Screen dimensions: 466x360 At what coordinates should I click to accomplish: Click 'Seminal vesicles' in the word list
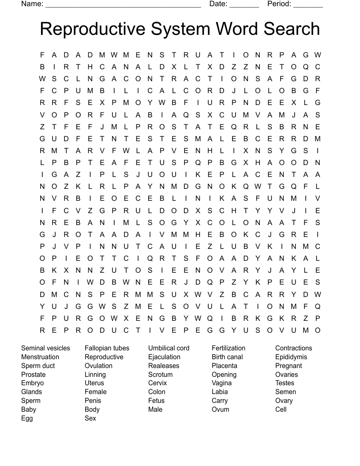(x=45, y=348)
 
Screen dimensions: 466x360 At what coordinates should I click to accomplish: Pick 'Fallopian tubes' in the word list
(x=107, y=348)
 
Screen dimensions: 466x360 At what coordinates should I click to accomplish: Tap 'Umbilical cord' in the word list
(x=169, y=348)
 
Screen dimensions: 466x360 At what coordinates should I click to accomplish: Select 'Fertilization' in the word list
(x=229, y=348)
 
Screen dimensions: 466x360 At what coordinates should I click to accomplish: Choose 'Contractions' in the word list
(x=293, y=348)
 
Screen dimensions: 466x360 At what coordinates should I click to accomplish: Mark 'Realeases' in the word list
(x=164, y=366)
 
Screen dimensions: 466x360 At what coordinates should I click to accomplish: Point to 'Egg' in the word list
(x=27, y=418)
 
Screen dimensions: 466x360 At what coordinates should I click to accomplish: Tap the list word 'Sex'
(x=90, y=418)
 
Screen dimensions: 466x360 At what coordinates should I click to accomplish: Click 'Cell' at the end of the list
(x=281, y=410)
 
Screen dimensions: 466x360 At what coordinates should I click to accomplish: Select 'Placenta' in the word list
(x=225, y=366)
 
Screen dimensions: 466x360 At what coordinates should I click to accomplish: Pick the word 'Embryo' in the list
(x=33, y=383)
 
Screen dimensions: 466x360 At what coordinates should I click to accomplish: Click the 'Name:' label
(x=32, y=4)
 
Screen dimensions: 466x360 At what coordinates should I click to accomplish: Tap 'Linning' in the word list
(x=95, y=375)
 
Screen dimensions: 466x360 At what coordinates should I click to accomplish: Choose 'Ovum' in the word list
(x=221, y=410)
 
